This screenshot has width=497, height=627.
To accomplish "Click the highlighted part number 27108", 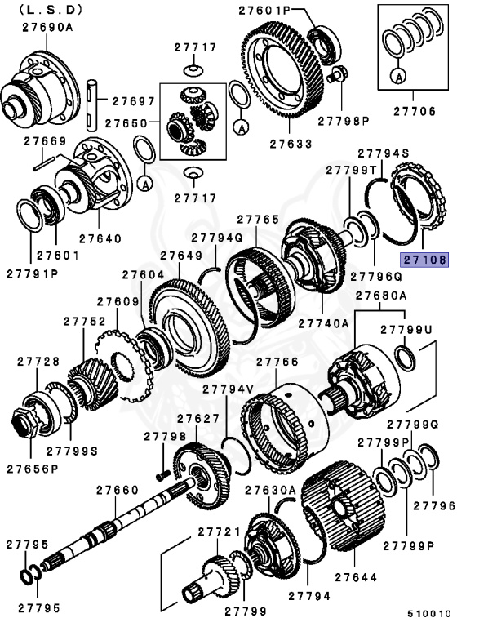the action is click(424, 260).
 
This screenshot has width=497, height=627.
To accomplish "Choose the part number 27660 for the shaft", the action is click(118, 490).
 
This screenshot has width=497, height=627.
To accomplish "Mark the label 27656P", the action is click(33, 469).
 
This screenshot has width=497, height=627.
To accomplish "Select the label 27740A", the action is click(323, 324).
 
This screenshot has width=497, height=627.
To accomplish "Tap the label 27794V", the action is click(229, 389).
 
